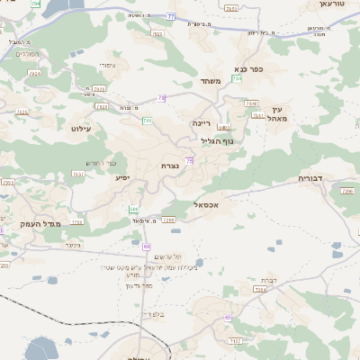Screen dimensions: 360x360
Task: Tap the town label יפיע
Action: tap(123, 177)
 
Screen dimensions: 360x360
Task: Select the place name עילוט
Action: tap(83, 129)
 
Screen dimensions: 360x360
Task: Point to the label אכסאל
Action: tap(208, 205)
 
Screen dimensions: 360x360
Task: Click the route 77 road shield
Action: tap(171, 16)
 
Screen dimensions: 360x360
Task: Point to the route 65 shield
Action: tap(228, 317)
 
